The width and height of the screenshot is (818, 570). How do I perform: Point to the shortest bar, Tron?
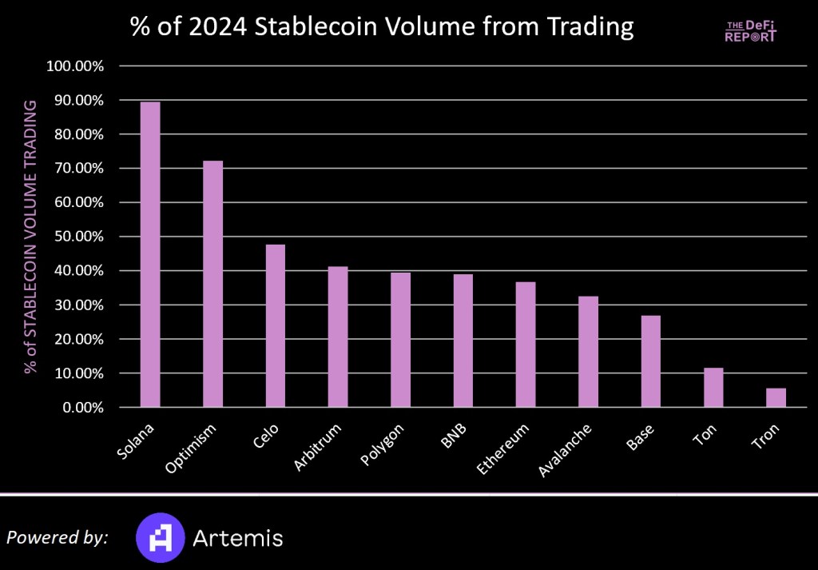point(776,397)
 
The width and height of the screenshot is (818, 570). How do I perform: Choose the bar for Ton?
point(713,388)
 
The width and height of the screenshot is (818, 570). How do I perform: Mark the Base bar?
point(650,361)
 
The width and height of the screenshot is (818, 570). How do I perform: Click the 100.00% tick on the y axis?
point(77,66)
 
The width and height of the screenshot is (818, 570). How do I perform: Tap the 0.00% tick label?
point(83,408)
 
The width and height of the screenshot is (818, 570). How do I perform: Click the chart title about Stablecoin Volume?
point(382,28)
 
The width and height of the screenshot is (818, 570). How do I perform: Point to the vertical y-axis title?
point(31,237)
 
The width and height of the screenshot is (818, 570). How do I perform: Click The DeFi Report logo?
point(750,30)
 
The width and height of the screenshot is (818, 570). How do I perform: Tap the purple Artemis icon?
point(160,536)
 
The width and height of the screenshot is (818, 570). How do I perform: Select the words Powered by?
point(57,537)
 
